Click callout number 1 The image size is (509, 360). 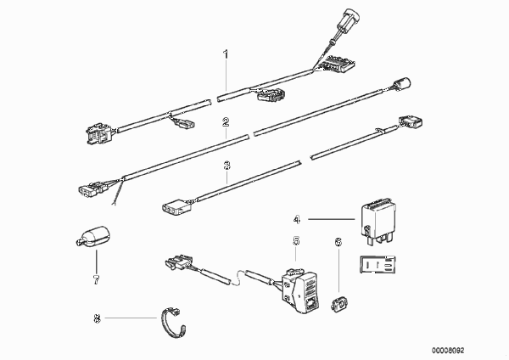click(226, 54)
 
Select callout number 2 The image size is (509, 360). click(226, 122)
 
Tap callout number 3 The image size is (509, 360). click(227, 166)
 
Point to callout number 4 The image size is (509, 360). click(297, 220)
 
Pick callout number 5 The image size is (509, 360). click(296, 241)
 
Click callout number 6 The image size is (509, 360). click(338, 242)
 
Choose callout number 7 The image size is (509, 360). click(96, 279)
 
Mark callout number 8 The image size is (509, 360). click(97, 318)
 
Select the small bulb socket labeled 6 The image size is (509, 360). click(339, 304)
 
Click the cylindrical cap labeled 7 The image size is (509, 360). click(92, 236)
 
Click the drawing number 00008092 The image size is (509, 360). click(448, 351)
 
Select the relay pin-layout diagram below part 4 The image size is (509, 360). click(378, 264)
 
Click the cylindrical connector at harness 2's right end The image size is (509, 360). click(401, 84)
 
